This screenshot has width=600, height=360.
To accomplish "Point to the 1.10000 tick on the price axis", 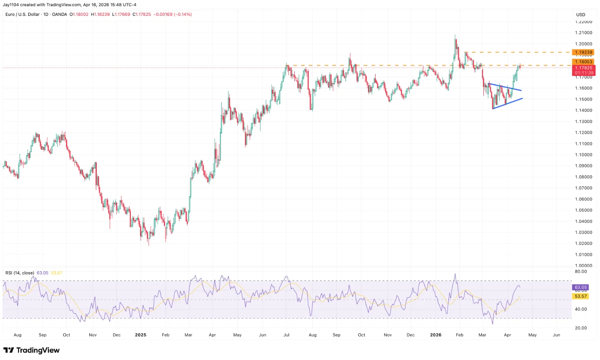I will coord(583,155).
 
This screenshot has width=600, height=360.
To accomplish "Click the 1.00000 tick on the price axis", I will coord(583,265).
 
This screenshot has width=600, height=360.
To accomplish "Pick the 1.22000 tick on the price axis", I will coord(583,22).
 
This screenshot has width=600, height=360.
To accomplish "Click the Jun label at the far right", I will coord(556,335).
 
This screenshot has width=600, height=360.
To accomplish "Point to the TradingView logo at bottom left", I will coord(31,350).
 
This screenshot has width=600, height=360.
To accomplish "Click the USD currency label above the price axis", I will coord(581,15).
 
